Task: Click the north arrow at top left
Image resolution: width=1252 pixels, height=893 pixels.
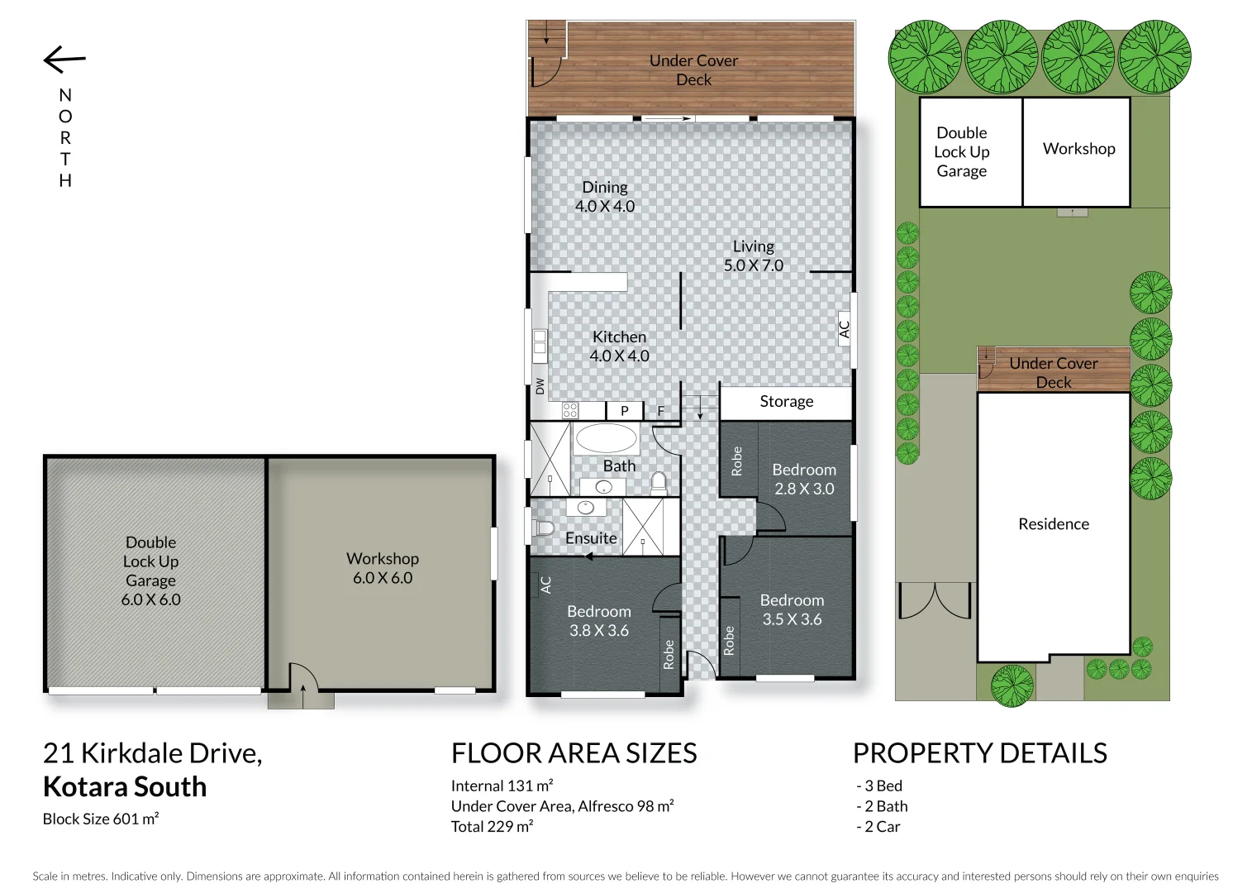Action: click(x=64, y=60)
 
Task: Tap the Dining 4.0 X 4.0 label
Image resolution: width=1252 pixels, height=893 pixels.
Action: click(x=605, y=197)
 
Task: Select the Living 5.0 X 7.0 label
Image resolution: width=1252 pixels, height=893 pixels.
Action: click(x=753, y=255)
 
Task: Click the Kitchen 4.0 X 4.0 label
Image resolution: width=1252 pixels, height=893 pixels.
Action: click(x=619, y=346)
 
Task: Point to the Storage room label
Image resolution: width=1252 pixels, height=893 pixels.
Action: click(x=786, y=402)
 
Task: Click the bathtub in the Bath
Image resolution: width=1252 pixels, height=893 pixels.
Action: click(x=606, y=438)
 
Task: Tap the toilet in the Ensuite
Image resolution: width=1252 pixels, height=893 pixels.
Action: click(x=544, y=528)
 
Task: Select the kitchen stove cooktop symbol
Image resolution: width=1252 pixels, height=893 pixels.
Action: click(x=570, y=410)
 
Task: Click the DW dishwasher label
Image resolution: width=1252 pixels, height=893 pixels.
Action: click(x=540, y=386)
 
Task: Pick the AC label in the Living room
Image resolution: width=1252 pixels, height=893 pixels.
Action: click(x=844, y=329)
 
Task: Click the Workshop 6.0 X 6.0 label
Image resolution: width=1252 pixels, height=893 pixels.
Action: click(x=382, y=568)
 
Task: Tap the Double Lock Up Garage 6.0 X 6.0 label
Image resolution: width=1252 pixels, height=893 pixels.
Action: click(x=150, y=571)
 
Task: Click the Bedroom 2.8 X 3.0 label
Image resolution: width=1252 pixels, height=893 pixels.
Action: click(x=803, y=479)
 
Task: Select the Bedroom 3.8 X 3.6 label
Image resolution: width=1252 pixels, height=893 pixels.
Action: click(x=598, y=621)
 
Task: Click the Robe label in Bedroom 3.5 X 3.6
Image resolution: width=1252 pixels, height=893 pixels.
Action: click(x=729, y=641)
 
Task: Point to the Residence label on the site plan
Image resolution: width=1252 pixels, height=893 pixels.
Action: click(x=1053, y=524)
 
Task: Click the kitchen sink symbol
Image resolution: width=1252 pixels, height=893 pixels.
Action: click(x=540, y=346)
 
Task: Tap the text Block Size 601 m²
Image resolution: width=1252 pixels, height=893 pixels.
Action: click(x=101, y=819)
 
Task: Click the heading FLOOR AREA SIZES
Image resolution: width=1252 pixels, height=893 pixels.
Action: click(x=574, y=753)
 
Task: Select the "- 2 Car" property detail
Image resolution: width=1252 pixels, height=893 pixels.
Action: click(x=878, y=827)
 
